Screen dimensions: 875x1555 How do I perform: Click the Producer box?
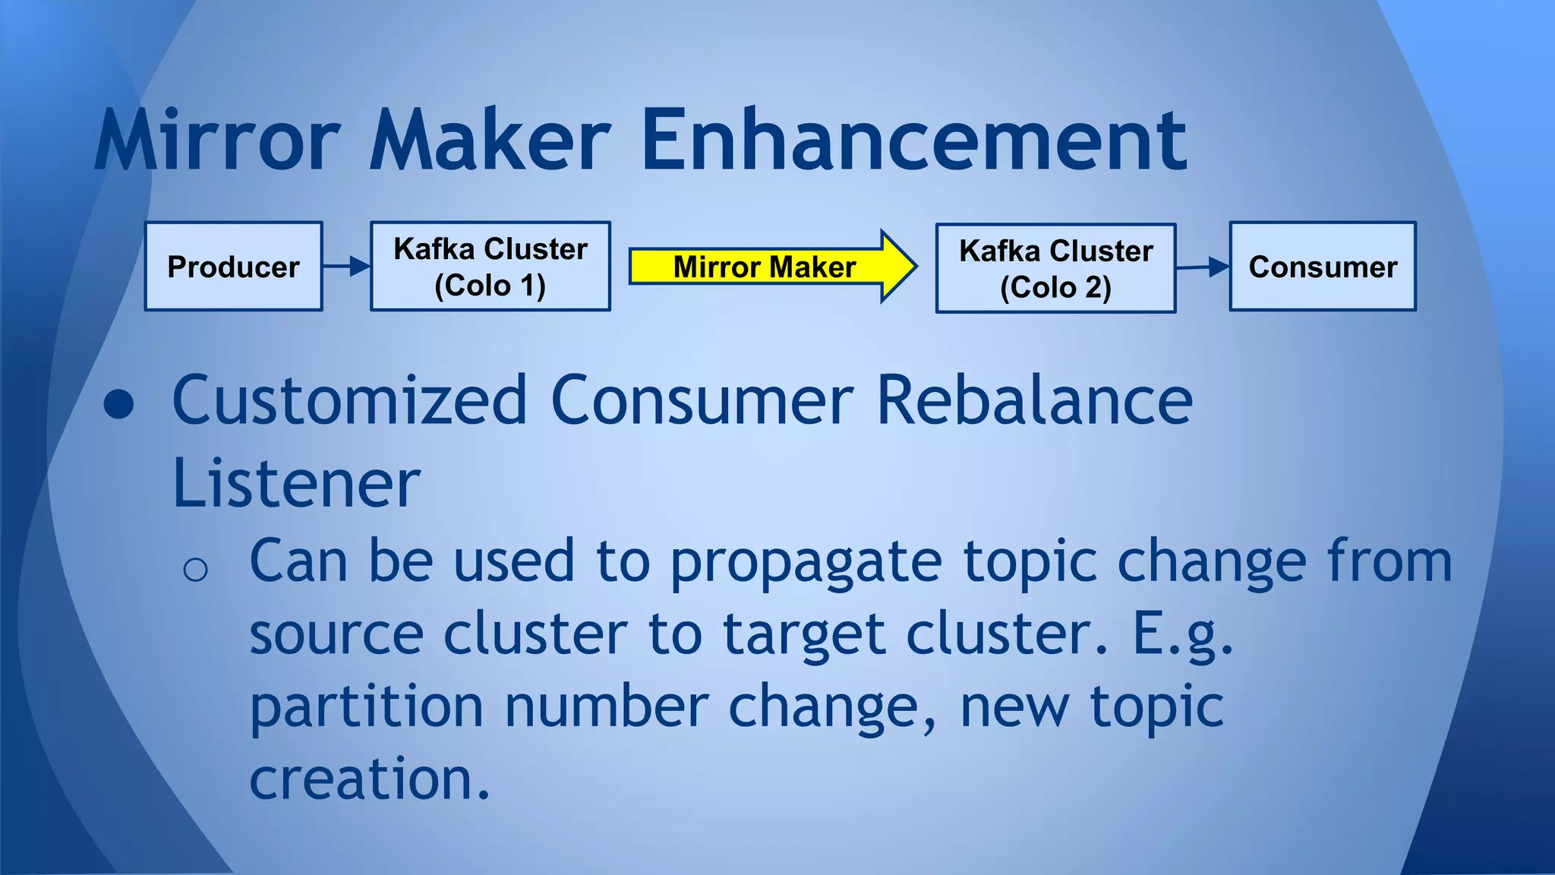click(233, 267)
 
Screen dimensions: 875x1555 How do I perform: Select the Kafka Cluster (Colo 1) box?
click(490, 267)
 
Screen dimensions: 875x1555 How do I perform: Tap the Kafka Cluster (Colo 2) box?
click(1055, 268)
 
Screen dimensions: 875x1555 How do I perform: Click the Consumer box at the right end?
click(1323, 267)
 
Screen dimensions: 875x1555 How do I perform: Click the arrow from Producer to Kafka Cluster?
click(346, 267)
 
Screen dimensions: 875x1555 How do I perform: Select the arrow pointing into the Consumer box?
click(1203, 267)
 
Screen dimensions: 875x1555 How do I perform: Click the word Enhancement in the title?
click(913, 141)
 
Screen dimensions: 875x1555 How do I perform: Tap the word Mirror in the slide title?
click(218, 141)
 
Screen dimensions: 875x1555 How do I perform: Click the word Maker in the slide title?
click(490, 141)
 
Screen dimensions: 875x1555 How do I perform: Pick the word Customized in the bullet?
click(349, 401)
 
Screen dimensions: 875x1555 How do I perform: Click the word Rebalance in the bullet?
click(1033, 401)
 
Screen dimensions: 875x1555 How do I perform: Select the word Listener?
click(296, 484)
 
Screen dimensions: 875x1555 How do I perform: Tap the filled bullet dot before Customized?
click(119, 405)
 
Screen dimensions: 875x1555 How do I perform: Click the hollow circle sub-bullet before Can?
click(195, 569)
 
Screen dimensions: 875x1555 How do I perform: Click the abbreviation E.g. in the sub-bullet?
click(1182, 635)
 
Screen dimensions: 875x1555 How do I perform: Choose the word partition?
click(367, 707)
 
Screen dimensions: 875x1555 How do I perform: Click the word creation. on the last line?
click(370, 779)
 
